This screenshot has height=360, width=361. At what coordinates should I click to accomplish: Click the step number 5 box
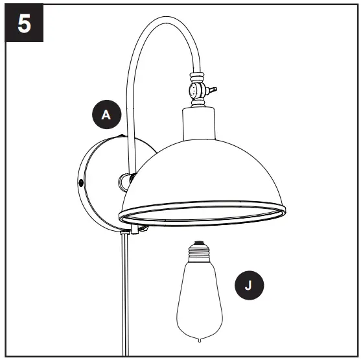point(24,24)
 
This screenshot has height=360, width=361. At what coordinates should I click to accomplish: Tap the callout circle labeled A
point(106,115)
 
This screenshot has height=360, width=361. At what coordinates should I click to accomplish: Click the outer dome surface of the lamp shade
point(207,169)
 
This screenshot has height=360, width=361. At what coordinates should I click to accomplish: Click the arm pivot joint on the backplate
point(122,184)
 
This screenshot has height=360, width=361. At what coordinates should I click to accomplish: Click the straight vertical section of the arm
point(130,130)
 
